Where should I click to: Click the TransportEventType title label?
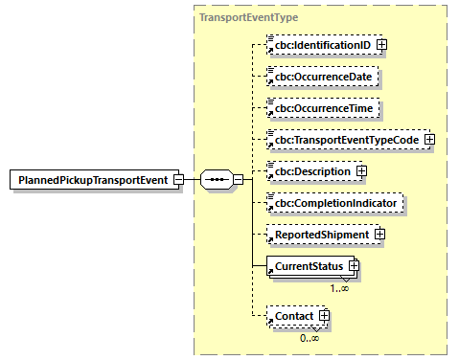coord(247,17)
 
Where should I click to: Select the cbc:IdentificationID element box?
coord(320,44)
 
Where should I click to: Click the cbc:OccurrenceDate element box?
coord(320,77)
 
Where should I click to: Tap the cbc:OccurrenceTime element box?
coord(320,108)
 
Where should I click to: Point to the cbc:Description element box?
coord(311,171)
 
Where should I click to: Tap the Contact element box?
coord(293,314)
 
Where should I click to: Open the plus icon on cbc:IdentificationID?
coord(381,44)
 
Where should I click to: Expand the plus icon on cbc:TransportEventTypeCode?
coord(428,140)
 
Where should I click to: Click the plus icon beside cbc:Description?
coord(361,171)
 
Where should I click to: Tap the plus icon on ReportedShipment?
coord(379,234)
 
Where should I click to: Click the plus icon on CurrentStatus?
coord(353,265)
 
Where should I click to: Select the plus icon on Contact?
coord(324,314)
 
